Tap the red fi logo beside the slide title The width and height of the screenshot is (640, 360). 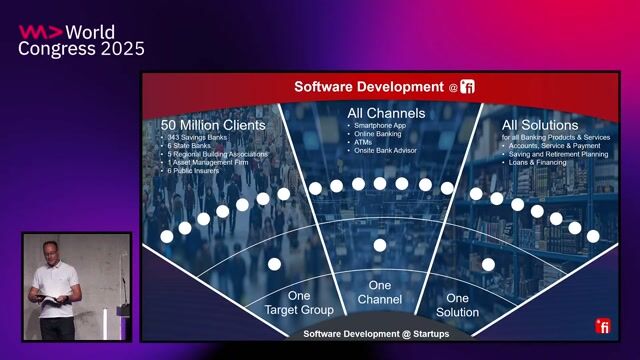point(467,87)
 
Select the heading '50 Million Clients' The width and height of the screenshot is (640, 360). point(213,125)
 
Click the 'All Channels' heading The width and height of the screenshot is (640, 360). point(385,113)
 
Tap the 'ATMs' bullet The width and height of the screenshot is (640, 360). point(363,142)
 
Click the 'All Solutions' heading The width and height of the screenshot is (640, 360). point(540,124)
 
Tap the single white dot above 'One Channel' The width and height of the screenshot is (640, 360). point(379,245)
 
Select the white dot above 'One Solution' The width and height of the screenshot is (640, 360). point(488,264)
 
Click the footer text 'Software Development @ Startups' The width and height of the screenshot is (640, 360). point(376,333)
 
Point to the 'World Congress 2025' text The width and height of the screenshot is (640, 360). point(82,41)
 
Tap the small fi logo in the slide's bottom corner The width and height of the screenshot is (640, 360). point(603,326)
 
